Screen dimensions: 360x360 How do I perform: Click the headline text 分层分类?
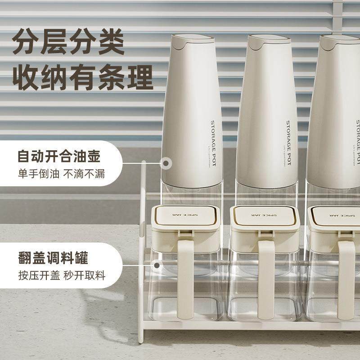click(x=68, y=43)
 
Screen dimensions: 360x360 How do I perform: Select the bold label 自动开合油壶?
click(x=58, y=157)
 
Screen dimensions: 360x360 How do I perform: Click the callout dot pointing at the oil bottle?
click(x=166, y=163)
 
